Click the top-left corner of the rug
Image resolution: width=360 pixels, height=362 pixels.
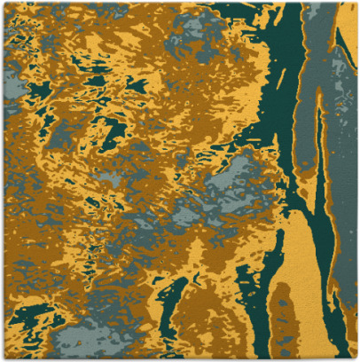[3, 3]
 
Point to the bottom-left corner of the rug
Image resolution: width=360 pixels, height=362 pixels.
[3, 358]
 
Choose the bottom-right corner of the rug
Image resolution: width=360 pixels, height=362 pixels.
[356, 358]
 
